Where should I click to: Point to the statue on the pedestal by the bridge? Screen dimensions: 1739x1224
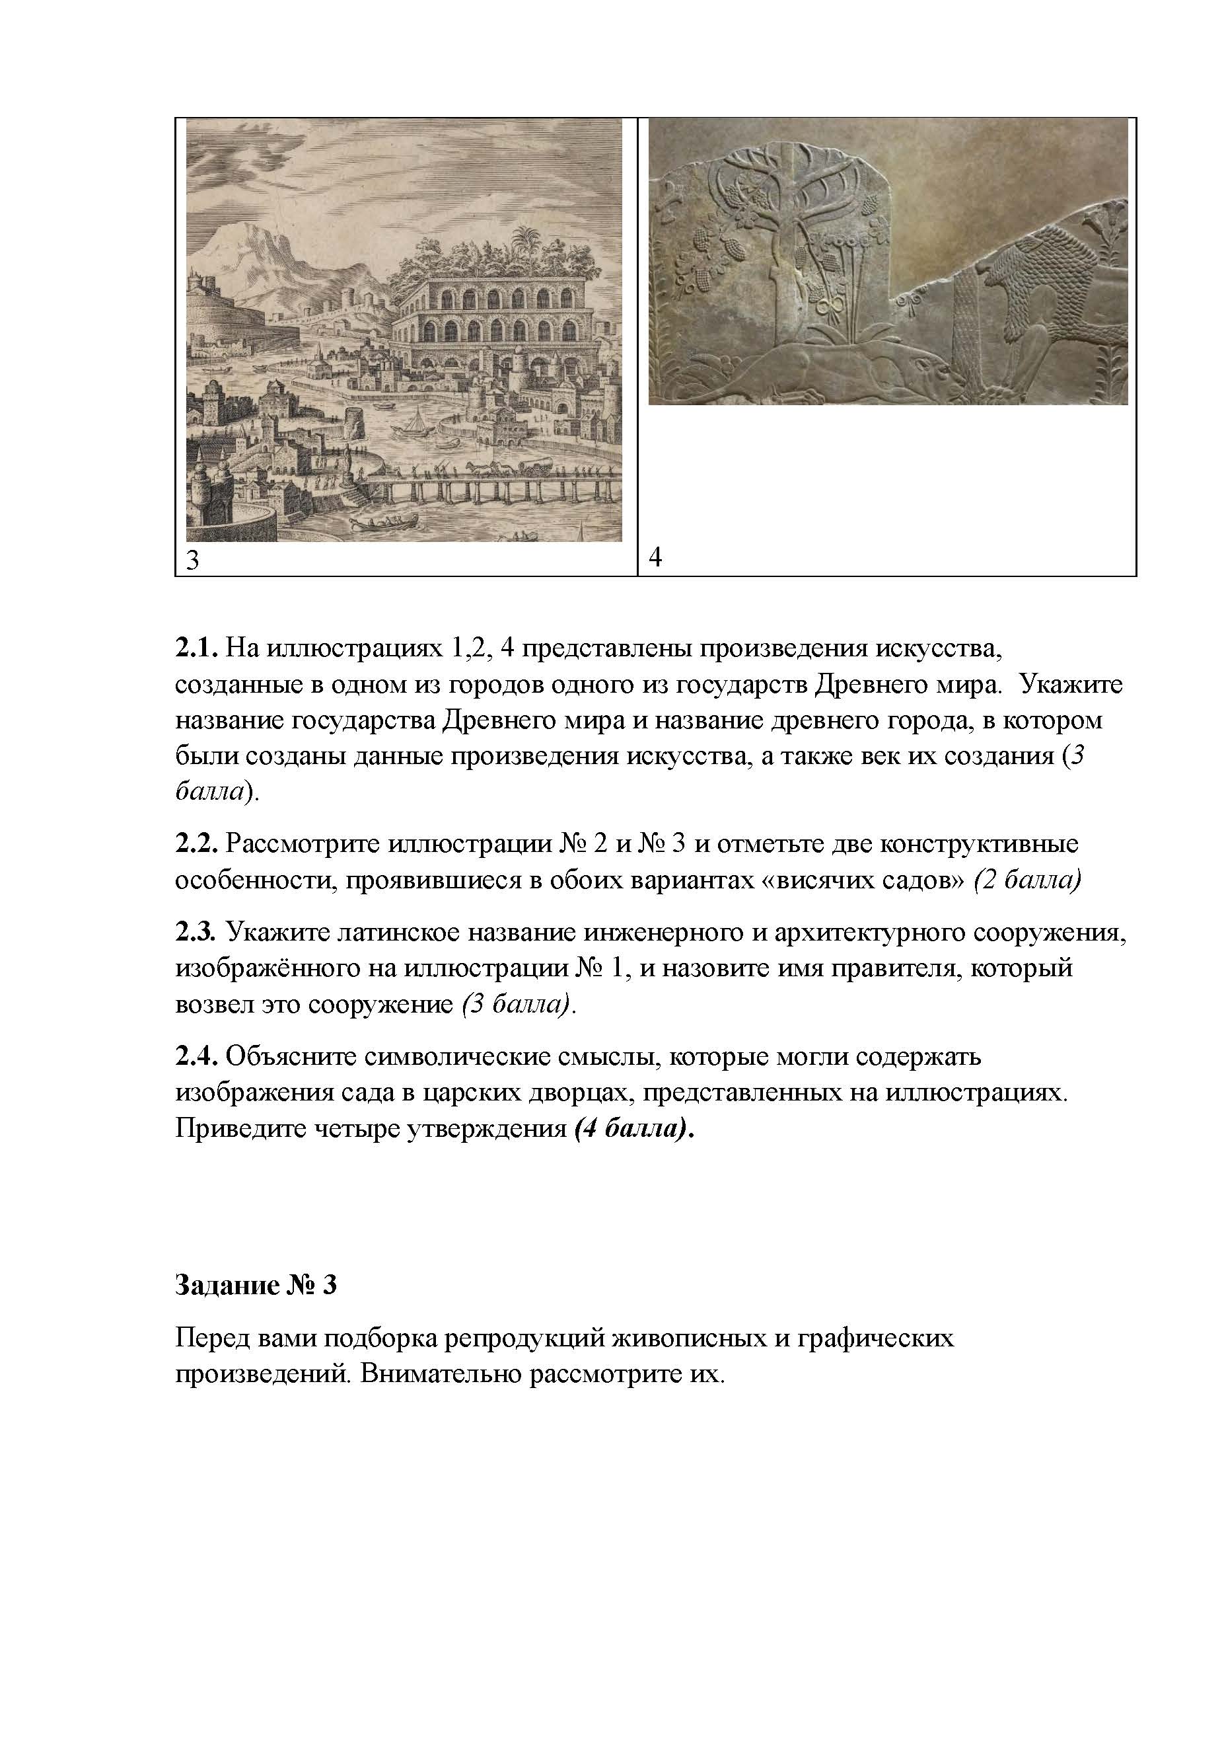tap(348, 461)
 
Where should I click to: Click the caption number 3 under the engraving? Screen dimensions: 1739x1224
tap(193, 560)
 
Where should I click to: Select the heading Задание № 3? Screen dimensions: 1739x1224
tap(256, 1286)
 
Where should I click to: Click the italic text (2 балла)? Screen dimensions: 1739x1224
tap(1026, 880)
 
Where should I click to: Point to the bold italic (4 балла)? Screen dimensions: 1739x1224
tap(633, 1128)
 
